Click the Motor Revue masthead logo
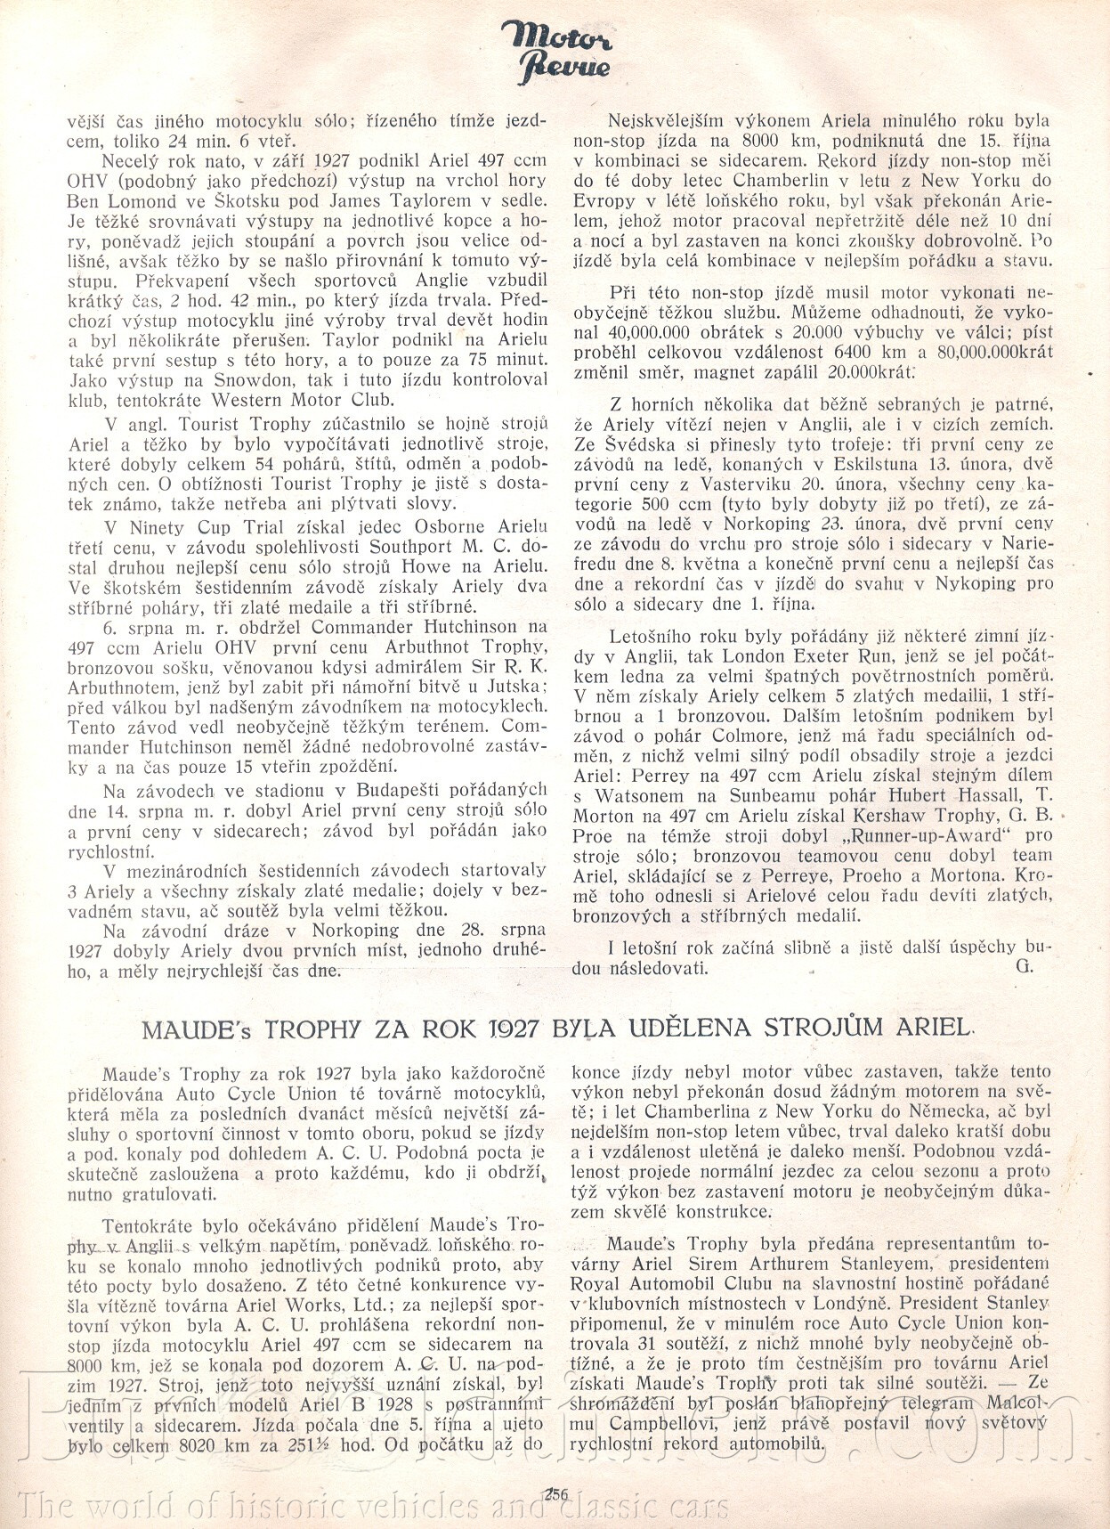[x=555, y=49]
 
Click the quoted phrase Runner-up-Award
[x=904, y=836]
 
